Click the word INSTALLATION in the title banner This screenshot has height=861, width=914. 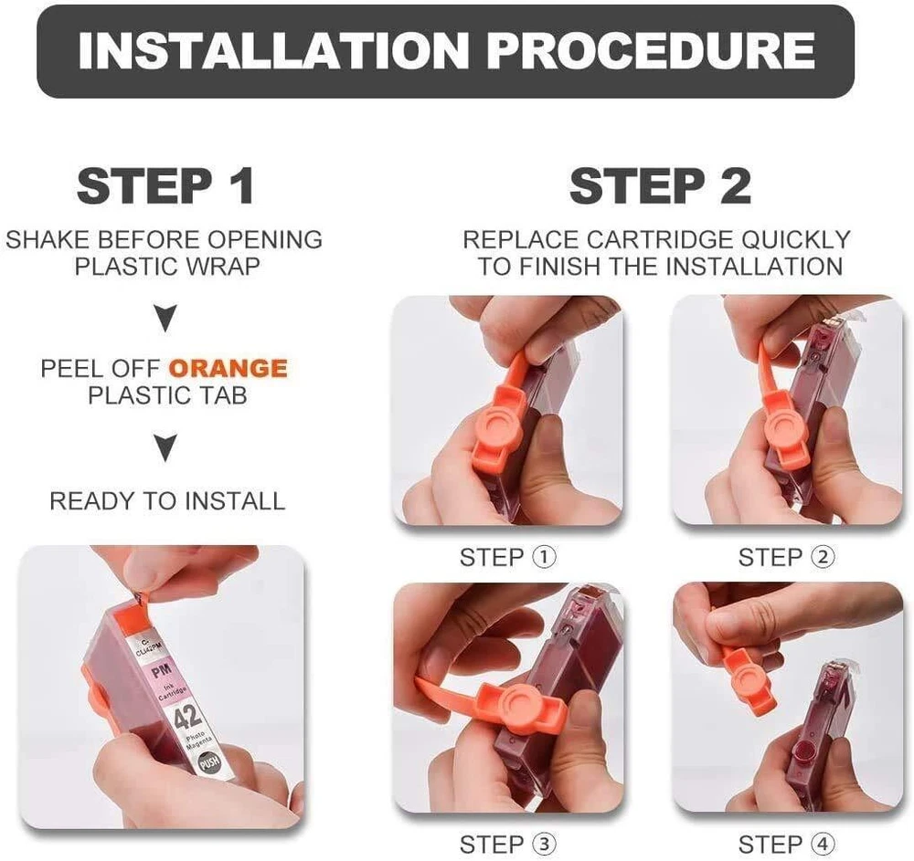[273, 50]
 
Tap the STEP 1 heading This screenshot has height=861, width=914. [165, 185]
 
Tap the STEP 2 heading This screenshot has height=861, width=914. [660, 185]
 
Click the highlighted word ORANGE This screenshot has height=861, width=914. [228, 369]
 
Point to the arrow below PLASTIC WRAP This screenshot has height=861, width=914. [165, 317]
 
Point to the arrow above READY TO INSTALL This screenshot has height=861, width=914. [165, 447]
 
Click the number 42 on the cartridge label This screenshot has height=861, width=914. [188, 715]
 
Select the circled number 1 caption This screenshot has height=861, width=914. [545, 557]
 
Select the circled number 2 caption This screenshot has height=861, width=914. [824, 557]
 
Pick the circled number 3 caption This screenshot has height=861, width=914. [545, 844]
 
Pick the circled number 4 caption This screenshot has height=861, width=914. [824, 844]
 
